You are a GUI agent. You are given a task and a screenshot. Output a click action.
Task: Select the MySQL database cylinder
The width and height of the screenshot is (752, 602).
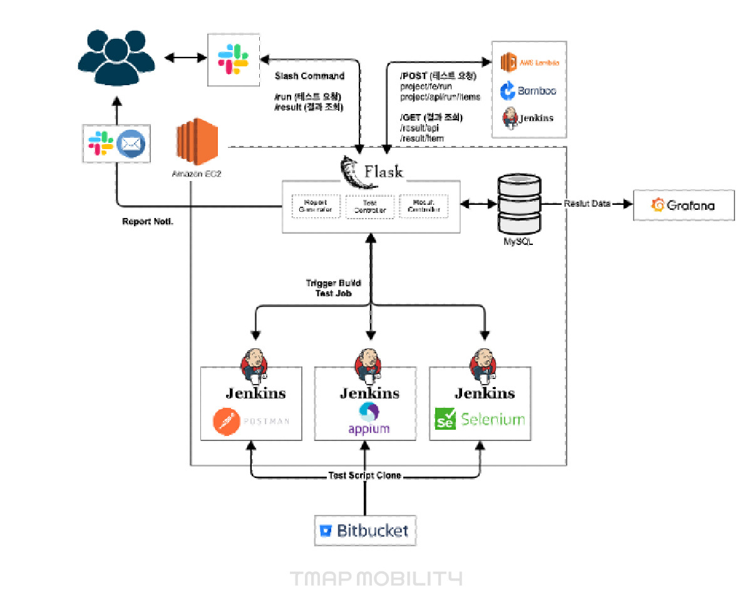[x=519, y=204]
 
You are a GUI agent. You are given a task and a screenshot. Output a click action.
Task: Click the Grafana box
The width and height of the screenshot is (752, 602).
[x=683, y=205]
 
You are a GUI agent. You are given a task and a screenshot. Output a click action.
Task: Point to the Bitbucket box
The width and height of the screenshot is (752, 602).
[x=364, y=531]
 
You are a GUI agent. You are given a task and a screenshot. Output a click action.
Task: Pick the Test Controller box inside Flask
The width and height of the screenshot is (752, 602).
[x=371, y=206]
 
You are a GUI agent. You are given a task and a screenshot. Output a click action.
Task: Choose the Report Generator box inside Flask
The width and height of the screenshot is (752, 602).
[x=316, y=206]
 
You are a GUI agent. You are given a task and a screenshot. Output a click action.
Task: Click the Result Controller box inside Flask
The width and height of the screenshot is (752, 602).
[x=424, y=206]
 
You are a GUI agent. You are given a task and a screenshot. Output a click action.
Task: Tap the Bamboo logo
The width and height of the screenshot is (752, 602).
[x=528, y=91]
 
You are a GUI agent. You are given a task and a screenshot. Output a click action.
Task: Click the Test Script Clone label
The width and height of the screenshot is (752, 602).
[x=364, y=475]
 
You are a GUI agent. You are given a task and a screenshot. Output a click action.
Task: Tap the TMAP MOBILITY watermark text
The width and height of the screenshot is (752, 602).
[x=376, y=578]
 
